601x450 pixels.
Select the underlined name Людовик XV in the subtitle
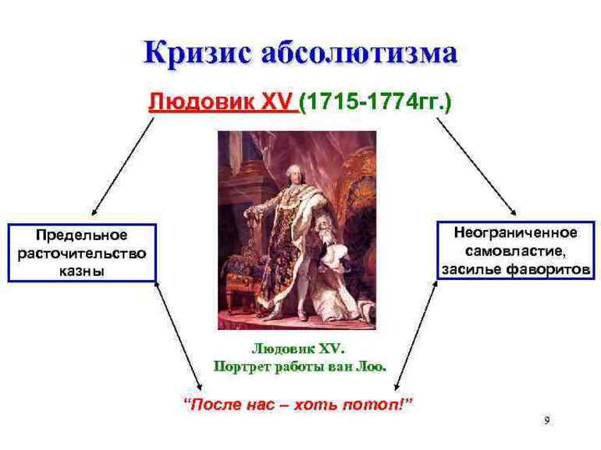coord(222,105)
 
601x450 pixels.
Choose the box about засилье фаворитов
coord(517,251)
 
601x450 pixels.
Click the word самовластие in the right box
coord(517,251)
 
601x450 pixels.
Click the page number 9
coord(546,420)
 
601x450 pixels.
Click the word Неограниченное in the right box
coord(517,232)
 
